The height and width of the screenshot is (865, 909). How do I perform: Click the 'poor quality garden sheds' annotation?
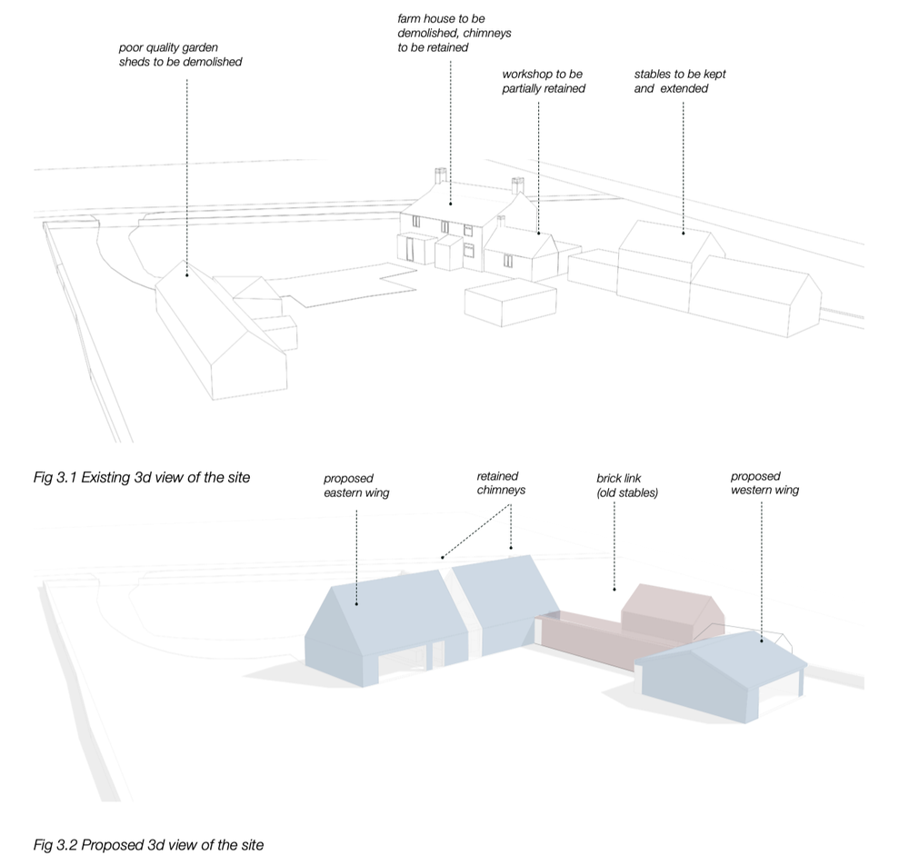(x=180, y=55)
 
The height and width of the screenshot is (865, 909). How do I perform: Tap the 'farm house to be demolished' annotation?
(x=454, y=33)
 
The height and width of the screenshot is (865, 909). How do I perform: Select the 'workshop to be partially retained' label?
(x=544, y=82)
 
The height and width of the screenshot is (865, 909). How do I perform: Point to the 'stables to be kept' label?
(x=680, y=82)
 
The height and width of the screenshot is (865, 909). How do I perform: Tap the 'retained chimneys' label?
(x=501, y=483)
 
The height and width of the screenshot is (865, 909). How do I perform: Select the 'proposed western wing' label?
(x=764, y=483)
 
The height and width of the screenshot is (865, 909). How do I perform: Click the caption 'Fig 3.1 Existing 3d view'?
(x=141, y=477)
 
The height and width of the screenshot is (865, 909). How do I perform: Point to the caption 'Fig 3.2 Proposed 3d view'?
(x=148, y=845)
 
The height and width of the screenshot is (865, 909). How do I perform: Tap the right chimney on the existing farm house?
(x=518, y=186)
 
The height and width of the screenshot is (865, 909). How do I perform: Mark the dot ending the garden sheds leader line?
(x=187, y=269)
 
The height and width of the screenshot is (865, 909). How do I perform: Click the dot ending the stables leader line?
(x=683, y=234)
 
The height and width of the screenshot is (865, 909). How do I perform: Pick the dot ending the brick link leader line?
(x=614, y=593)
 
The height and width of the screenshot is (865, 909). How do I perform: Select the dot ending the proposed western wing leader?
(x=760, y=640)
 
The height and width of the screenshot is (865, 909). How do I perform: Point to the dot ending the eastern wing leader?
(x=356, y=602)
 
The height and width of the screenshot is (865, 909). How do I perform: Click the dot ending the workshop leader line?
(x=538, y=234)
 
